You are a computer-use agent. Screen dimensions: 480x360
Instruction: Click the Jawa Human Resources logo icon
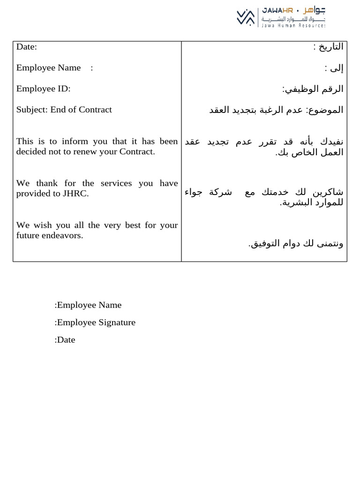pos(246,17)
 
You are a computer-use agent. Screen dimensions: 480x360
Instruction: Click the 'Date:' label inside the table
pos(26,46)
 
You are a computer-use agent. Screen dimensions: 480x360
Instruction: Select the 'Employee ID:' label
pos(43,89)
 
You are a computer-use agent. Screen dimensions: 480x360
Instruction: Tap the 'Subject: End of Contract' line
pos(64,110)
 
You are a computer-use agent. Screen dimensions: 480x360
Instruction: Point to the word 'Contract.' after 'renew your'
pos(137,151)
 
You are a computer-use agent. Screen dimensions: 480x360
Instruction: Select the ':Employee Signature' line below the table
pos(95,322)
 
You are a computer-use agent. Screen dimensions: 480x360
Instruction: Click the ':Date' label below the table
pos(65,340)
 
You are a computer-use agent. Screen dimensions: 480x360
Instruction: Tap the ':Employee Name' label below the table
pos(88,305)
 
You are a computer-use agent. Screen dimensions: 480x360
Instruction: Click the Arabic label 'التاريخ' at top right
pos(331,46)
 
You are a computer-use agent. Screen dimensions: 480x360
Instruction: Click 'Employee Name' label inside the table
pos(48,67)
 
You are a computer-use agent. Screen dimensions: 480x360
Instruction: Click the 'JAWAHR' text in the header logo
pos(277,10)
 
